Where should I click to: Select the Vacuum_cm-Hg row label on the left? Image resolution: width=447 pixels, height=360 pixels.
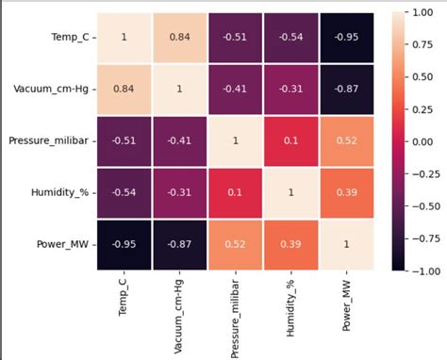point(53,88)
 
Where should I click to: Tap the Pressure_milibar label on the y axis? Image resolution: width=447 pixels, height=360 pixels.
point(48,139)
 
